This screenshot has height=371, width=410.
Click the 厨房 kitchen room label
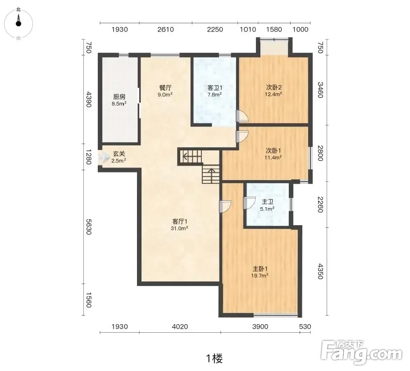click(119, 97)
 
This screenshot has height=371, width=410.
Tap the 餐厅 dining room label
click(165, 88)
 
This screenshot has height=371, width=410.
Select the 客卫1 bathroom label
click(214, 88)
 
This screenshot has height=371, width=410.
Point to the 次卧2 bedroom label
click(273, 87)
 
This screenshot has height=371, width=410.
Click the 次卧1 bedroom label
click(273, 151)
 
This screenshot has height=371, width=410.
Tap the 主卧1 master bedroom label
click(260, 269)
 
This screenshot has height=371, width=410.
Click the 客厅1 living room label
click(180, 222)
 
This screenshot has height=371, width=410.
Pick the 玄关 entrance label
click(119, 154)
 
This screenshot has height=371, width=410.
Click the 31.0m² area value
click(180, 228)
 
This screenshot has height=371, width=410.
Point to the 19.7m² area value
click(260, 276)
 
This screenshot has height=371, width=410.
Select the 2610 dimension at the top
click(165, 29)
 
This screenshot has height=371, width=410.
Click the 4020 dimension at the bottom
click(180, 326)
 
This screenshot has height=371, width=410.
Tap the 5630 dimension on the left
click(89, 227)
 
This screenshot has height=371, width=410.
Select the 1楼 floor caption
click(214, 358)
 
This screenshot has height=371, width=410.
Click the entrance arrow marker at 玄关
click(104, 158)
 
